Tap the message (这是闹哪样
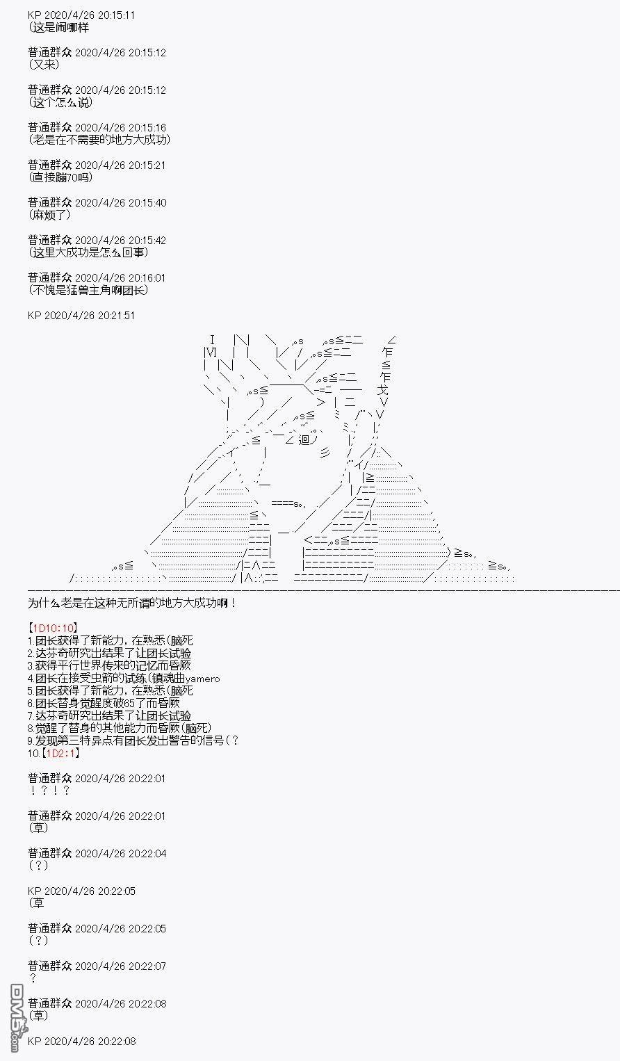pyautogui.click(x=58, y=28)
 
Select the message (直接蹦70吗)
pyautogui.click(x=60, y=177)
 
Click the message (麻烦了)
pyautogui.click(x=50, y=215)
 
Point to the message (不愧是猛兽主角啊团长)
pyautogui.click(x=88, y=290)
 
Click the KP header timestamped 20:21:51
pyautogui.click(x=81, y=316)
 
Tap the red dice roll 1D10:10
pyautogui.click(x=53, y=628)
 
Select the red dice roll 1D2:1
pyautogui.click(x=60, y=753)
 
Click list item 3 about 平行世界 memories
pyautogui.click(x=109, y=665)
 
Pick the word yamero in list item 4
pyautogui.click(x=202, y=679)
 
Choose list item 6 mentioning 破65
pyautogui.click(x=104, y=703)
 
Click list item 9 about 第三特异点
pyautogui.click(x=133, y=740)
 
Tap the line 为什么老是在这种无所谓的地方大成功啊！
pyautogui.click(x=132, y=603)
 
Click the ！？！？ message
pyautogui.click(x=49, y=791)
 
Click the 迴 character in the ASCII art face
pyautogui.click(x=304, y=439)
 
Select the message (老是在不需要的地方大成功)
pyautogui.click(x=99, y=140)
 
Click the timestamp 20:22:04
pyautogui.click(x=144, y=854)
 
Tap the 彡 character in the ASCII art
pyautogui.click(x=325, y=453)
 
